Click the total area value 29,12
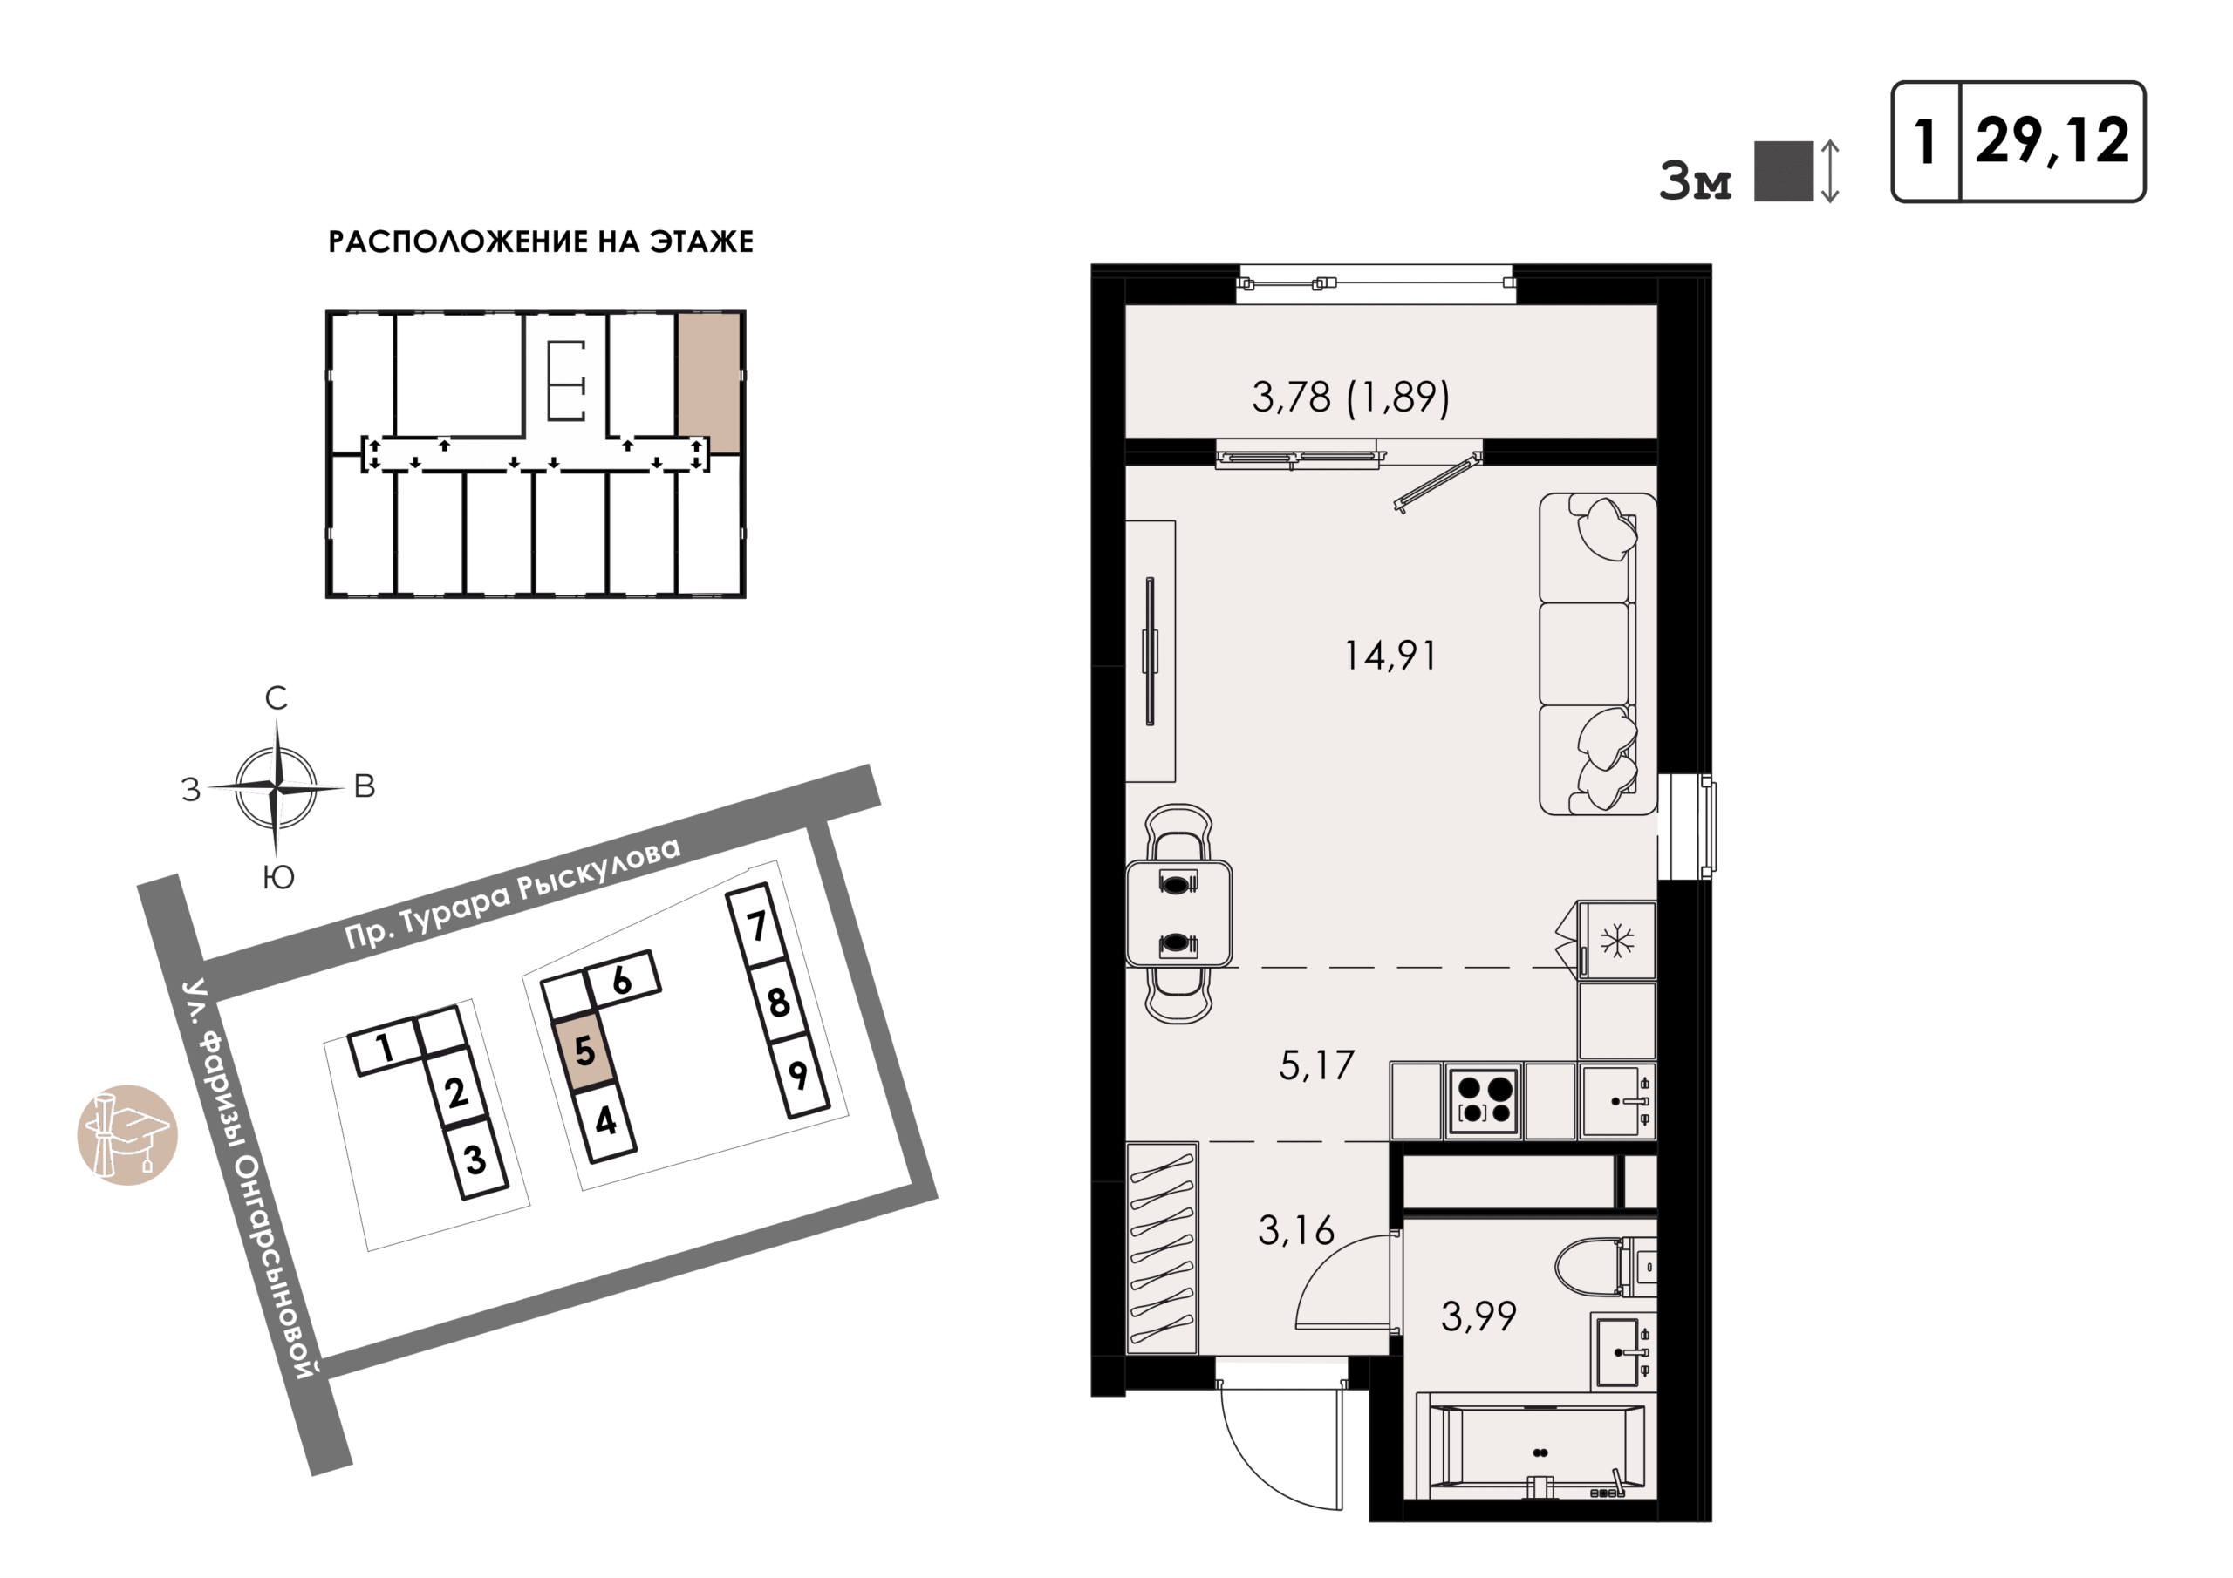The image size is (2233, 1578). pos(2052,141)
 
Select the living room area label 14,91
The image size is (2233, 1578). pos(1390,656)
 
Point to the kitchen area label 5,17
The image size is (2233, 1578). pos(1316,1066)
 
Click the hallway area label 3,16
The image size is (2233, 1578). pos(1295,1232)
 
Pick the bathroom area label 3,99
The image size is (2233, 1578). pos(1478,1317)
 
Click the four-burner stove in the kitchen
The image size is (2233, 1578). pos(1484,1100)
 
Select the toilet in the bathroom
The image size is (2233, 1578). pos(1605,1267)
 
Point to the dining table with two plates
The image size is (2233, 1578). pos(1178,914)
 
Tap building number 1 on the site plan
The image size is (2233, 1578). pos(386,1047)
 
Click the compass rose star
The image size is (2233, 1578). pos(277,786)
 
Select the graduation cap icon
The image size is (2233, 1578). pos(127,1134)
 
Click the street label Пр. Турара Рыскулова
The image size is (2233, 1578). pos(514,892)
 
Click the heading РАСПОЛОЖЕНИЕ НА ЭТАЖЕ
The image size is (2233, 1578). pos(541,241)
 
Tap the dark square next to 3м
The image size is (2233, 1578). pos(1784,171)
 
